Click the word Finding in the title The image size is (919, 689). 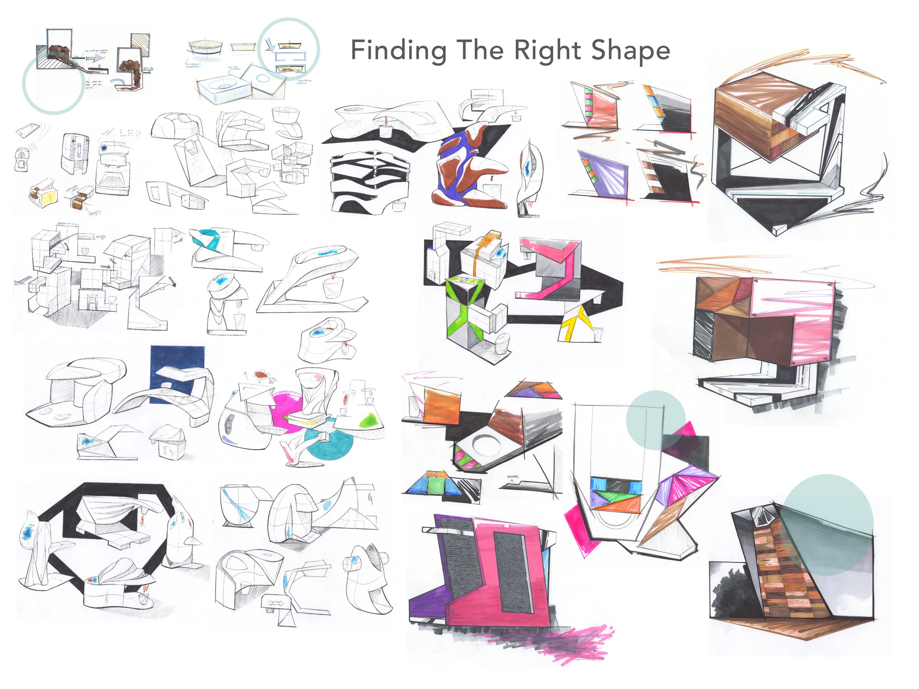(x=398, y=51)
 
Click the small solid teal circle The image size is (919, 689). (x=655, y=420)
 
